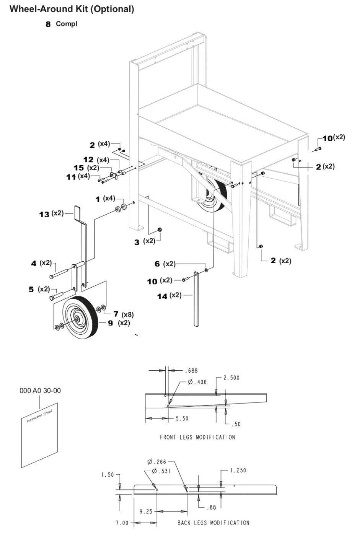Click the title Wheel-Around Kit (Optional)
(72, 9)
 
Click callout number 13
(44, 214)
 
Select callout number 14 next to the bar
(162, 296)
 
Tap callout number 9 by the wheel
(110, 323)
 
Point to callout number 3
(137, 243)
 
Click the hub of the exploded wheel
(77, 318)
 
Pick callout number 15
(78, 168)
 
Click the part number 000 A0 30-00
(40, 391)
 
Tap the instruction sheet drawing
(39, 435)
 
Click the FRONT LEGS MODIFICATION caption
(197, 437)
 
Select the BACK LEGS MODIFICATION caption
(213, 523)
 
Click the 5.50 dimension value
(182, 418)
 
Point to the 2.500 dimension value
(231, 378)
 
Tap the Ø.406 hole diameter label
(197, 382)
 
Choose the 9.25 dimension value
(146, 511)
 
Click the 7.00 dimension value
(122, 523)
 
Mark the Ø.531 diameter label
(161, 471)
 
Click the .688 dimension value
(191, 371)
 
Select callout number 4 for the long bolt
(34, 264)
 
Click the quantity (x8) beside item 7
(127, 315)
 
